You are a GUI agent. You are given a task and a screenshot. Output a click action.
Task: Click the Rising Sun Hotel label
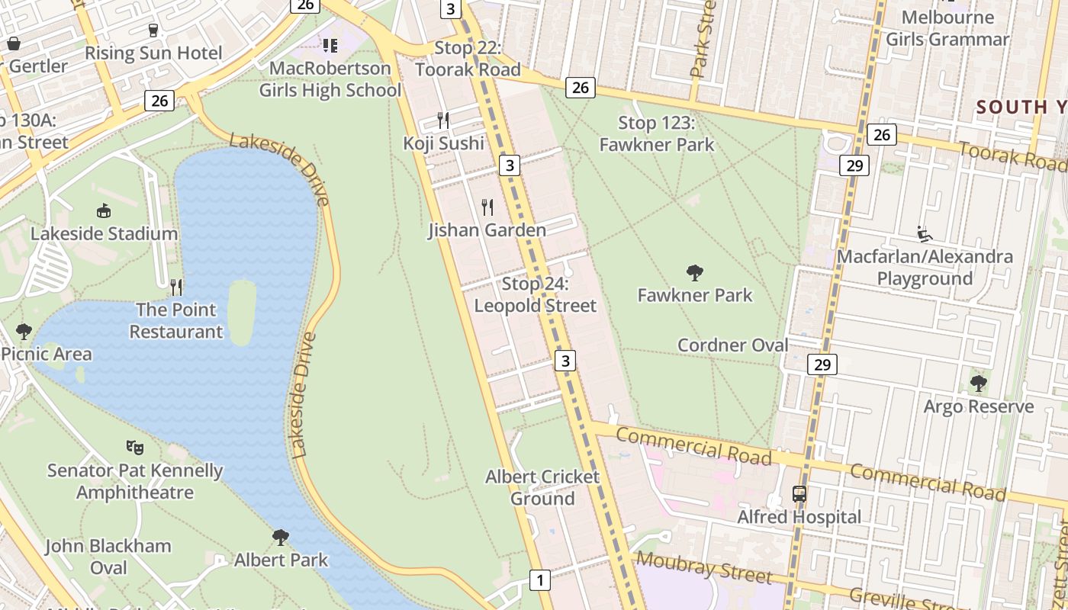pyautogui.click(x=153, y=53)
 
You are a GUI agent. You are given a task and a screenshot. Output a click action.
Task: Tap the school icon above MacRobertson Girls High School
pyautogui.click(x=330, y=46)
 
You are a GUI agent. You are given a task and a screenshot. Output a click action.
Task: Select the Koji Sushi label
pyautogui.click(x=444, y=143)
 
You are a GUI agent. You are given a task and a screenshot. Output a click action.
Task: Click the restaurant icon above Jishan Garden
pyautogui.click(x=487, y=207)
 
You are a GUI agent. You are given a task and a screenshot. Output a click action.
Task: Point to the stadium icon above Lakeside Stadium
pyautogui.click(x=104, y=210)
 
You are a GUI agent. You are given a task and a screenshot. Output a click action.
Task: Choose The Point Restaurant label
pyautogui.click(x=176, y=321)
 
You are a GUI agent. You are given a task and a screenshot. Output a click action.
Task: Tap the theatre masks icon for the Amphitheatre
pyautogui.click(x=135, y=447)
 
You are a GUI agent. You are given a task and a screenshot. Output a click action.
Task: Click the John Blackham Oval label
pyautogui.click(x=108, y=557)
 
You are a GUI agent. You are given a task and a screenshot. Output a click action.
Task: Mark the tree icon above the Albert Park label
pyautogui.click(x=281, y=537)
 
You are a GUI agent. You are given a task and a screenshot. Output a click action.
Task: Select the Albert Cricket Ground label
pyautogui.click(x=542, y=488)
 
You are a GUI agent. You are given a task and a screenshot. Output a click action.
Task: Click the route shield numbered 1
pyautogui.click(x=540, y=580)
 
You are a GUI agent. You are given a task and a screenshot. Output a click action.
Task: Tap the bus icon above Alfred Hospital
pyautogui.click(x=799, y=494)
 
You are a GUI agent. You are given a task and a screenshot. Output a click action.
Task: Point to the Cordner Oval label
pyautogui.click(x=732, y=345)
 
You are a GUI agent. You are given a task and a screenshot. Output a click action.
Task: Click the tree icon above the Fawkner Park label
pyautogui.click(x=694, y=272)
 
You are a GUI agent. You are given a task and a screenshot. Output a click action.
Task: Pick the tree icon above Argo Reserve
pyautogui.click(x=978, y=383)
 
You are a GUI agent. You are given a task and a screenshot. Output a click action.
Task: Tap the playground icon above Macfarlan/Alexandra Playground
pyautogui.click(x=925, y=233)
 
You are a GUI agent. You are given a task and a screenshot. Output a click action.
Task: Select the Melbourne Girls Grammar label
pyautogui.click(x=947, y=28)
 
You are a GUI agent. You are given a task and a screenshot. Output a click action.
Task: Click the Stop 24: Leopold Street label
pyautogui.click(x=536, y=295)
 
